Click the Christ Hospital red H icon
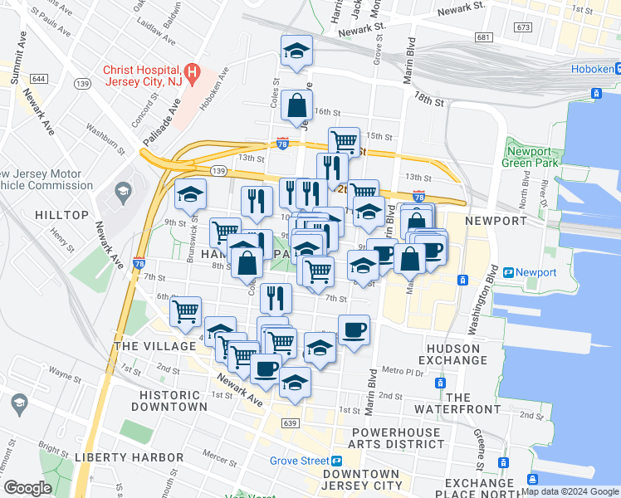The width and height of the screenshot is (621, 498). [x=192, y=72]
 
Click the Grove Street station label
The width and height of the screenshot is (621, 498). [x=299, y=461]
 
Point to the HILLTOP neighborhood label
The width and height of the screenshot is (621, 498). [x=61, y=215]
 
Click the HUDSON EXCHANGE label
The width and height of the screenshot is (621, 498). [x=457, y=354]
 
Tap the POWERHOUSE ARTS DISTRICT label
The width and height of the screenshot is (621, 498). [x=403, y=439]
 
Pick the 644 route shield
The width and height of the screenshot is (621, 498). [x=39, y=78]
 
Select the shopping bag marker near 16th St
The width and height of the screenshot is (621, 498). [x=296, y=106]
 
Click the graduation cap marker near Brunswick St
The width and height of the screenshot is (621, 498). [x=190, y=196]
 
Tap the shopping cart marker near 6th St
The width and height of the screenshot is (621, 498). [x=185, y=313]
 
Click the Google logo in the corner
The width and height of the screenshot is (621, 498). [x=27, y=488]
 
